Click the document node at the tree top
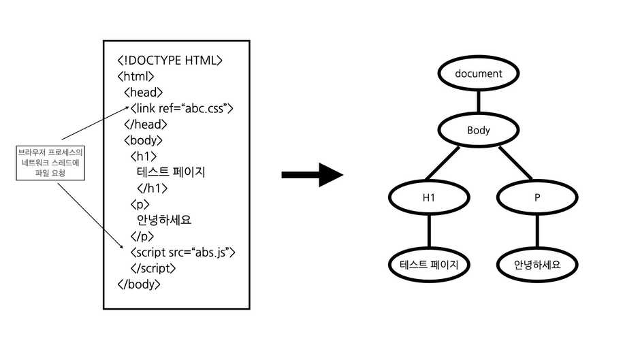[478, 73]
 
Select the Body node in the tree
[478, 129]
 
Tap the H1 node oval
[428, 197]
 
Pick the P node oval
[537, 197]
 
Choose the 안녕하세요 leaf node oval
[537, 265]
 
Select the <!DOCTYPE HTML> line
[170, 61]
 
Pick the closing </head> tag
[145, 125]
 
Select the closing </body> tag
[139, 284]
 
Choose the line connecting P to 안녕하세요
[537, 231]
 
